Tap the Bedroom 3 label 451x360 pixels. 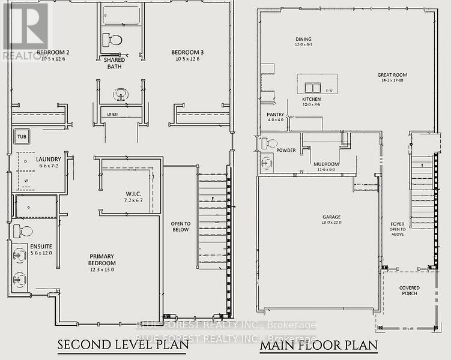(187, 52)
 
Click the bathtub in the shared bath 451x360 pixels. (121, 16)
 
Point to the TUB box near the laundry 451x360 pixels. (22, 136)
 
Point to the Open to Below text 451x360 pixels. (180, 226)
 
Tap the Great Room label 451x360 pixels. (392, 76)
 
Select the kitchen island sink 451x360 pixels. (311, 86)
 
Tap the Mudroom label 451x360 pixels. (326, 164)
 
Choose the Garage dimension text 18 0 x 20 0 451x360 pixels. (331, 222)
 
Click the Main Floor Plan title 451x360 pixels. (318, 345)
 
